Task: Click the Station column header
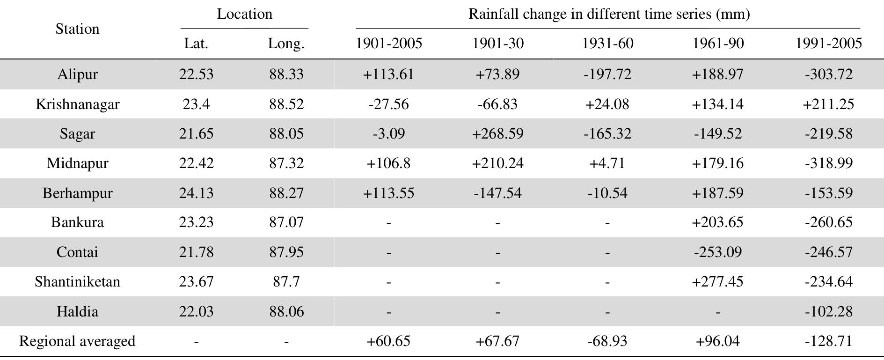(77, 29)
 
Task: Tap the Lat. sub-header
(196, 44)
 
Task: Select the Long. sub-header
(286, 44)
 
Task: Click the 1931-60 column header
(607, 44)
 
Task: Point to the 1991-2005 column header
(828, 44)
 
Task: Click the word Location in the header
(244, 14)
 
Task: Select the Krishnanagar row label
(77, 104)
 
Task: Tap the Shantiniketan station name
(77, 281)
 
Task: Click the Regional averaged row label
(77, 341)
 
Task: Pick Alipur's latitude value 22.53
(196, 74)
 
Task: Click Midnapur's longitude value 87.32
(286, 163)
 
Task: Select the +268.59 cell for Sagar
(497, 133)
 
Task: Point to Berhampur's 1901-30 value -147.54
(497, 193)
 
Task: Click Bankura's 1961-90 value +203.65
(717, 222)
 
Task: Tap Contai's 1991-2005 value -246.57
(828, 252)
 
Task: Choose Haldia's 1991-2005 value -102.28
(828, 311)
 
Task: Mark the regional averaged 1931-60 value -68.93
(607, 341)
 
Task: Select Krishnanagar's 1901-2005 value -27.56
(388, 104)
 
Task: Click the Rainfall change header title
(609, 14)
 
